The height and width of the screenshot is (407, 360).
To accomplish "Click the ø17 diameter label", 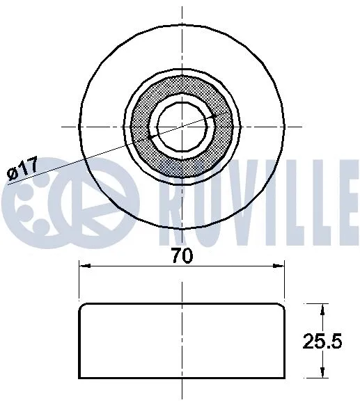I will pos(23,169).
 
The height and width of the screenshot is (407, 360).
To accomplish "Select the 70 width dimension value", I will pos(182,255).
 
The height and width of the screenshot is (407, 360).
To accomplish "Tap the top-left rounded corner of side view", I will pos(83,307).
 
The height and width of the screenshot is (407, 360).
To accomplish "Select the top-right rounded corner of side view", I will pos(282,307).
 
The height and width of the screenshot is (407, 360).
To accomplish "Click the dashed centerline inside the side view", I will pos(182,341).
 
